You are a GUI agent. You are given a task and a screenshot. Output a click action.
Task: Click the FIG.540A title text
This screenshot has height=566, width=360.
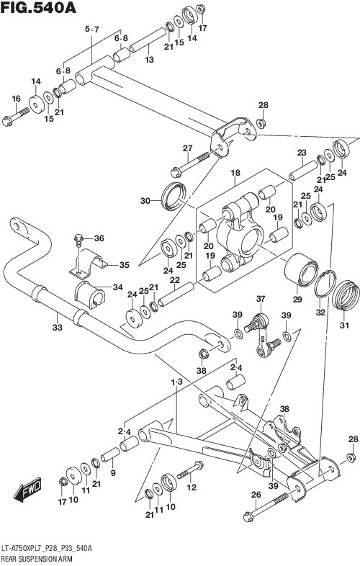tap(38, 7)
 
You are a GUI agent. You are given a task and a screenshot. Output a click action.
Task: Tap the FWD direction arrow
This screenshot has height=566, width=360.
tap(28, 490)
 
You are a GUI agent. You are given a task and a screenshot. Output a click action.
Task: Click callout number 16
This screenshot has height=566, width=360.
tap(16, 99)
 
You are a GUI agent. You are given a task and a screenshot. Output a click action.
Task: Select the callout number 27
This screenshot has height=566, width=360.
tap(188, 148)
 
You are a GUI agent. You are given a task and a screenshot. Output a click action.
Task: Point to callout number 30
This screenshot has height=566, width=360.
tap(145, 200)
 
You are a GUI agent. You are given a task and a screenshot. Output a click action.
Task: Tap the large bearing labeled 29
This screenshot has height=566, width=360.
tap(300, 269)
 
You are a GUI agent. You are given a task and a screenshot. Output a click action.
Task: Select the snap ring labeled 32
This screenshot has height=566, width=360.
tap(325, 284)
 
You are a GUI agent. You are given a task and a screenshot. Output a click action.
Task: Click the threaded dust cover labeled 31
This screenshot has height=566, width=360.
tap(346, 295)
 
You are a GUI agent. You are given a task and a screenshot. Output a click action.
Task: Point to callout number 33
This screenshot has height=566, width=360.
tap(58, 328)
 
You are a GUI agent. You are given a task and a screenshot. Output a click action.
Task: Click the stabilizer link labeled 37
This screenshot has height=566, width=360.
tap(261, 336)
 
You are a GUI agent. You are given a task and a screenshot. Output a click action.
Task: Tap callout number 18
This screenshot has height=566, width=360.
tap(235, 173)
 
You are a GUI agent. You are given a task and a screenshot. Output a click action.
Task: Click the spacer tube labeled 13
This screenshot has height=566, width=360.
tap(148, 40)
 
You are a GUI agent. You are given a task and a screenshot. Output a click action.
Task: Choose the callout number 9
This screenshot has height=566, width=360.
tap(113, 473)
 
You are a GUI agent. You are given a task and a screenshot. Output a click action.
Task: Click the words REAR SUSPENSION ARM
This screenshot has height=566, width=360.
tap(37, 559)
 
